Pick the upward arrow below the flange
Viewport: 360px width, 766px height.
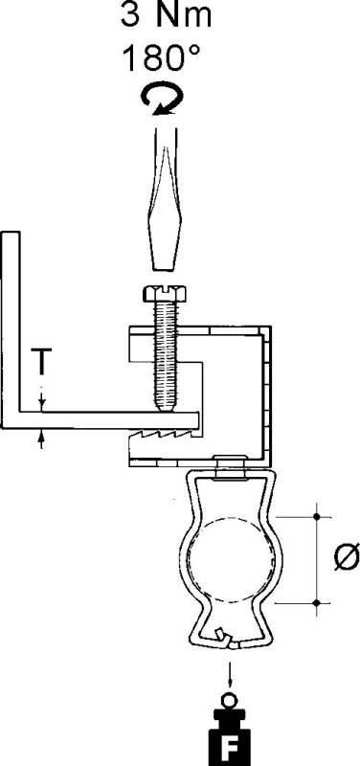coord(42,438)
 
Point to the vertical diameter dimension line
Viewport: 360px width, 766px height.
coord(316,560)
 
